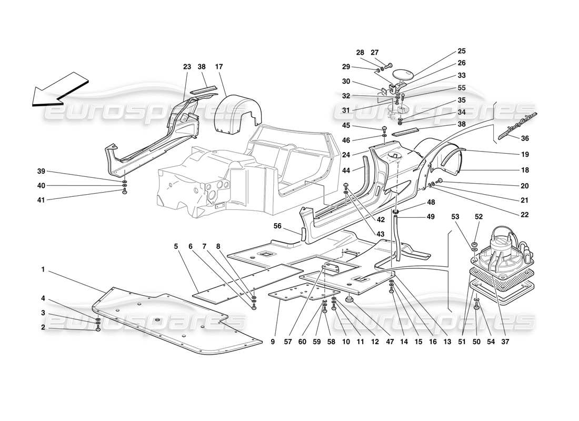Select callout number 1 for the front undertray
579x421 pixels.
43,269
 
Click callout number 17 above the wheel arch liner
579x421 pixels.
219,67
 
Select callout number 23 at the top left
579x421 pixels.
187,67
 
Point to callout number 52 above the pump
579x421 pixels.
478,217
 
